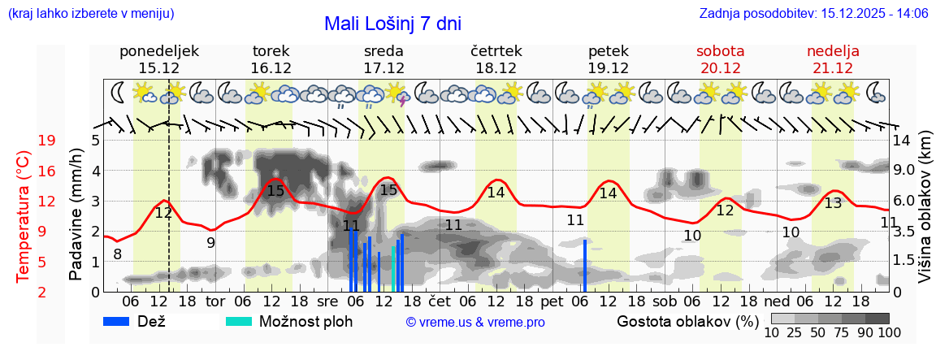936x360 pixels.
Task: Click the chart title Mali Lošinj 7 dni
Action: click(392, 24)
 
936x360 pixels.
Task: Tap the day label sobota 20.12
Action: click(720, 59)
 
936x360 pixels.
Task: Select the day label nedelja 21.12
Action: click(833, 59)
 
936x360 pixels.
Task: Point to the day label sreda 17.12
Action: click(383, 59)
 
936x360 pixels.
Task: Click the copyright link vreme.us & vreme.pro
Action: click(475, 323)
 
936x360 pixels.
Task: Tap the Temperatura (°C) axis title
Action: click(24, 216)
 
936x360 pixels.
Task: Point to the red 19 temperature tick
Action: click(46, 141)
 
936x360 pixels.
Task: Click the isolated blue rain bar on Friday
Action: click(584, 265)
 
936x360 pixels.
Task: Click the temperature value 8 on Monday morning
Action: click(118, 254)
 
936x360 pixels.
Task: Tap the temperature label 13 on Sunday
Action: click(833, 204)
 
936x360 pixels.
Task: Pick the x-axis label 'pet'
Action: click(552, 301)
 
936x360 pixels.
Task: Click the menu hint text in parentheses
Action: click(90, 14)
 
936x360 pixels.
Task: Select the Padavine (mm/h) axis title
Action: click(76, 215)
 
